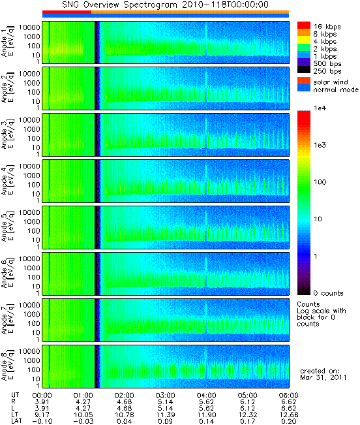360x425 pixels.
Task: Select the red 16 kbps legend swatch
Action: tap(304, 25)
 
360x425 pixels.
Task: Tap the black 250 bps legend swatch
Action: tap(304, 70)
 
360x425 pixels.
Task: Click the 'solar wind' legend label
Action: tap(331, 82)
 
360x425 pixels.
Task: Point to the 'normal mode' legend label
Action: tap(336, 89)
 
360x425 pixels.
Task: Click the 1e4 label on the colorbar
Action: tap(320, 108)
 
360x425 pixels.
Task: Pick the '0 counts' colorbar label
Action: tap(328, 293)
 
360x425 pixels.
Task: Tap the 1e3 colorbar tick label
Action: tap(320, 145)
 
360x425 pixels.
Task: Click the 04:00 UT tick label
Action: tap(206, 395)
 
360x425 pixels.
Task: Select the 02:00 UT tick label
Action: tap(124, 395)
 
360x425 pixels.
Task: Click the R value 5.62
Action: tap(206, 401)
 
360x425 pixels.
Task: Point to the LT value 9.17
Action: tap(42, 415)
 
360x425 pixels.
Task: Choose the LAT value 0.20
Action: tap(288, 421)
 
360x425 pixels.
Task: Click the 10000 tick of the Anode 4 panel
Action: tap(29, 166)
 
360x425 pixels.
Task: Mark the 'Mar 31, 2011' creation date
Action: tap(323, 377)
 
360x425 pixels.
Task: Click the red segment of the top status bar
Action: tap(67, 12)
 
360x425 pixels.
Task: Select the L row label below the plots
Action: tap(13, 408)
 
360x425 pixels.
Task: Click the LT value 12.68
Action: tap(288, 415)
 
